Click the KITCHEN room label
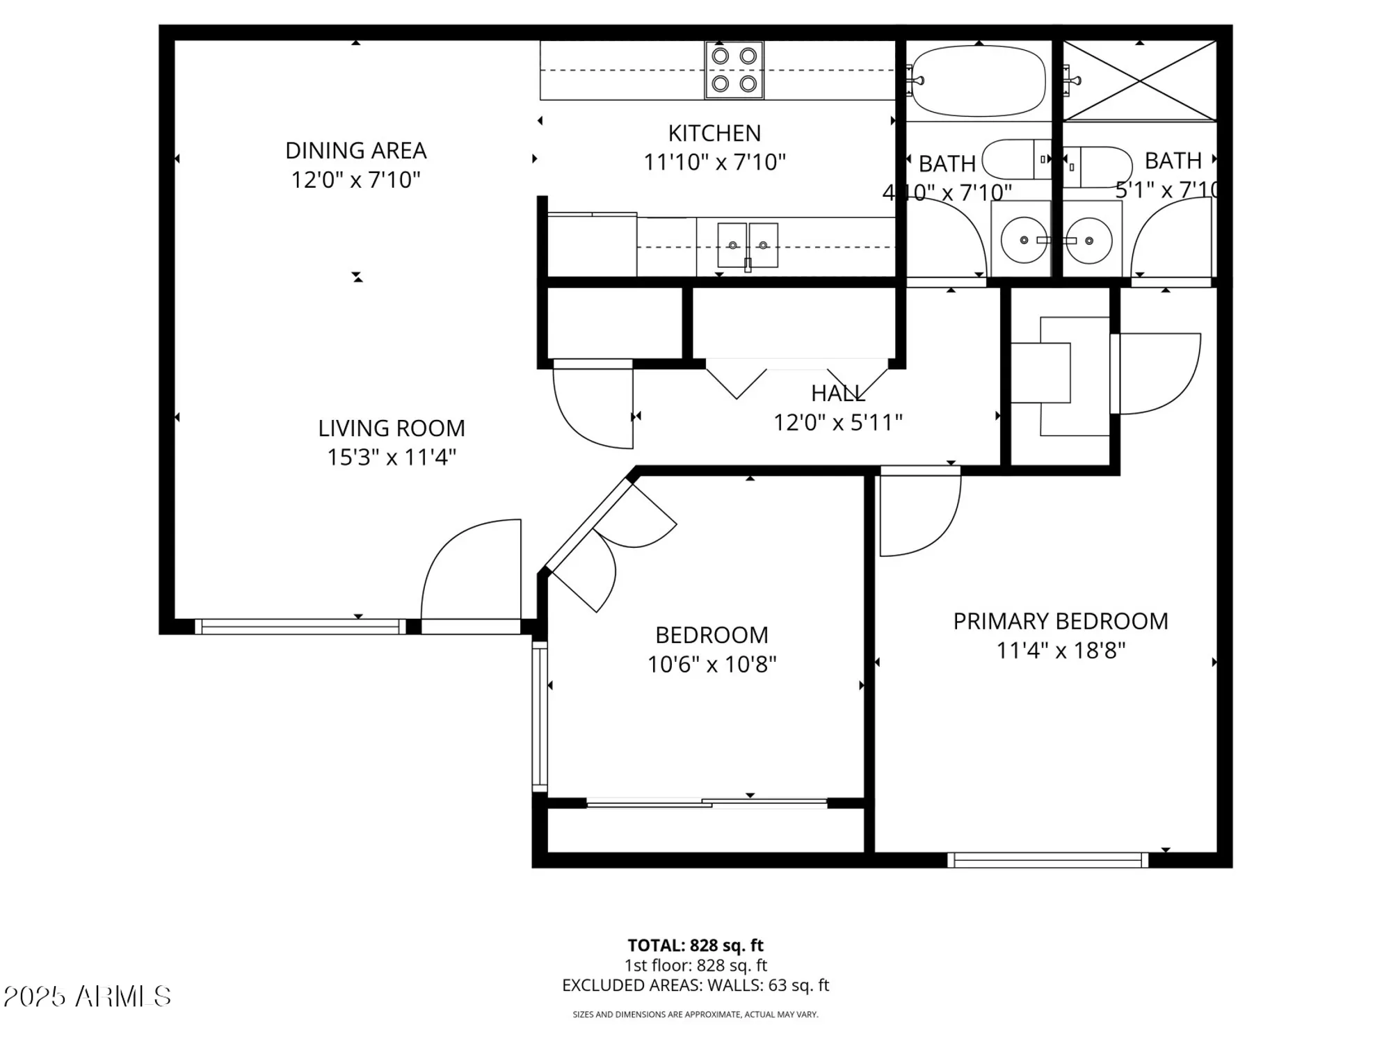pos(714,133)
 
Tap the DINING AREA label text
pos(355,150)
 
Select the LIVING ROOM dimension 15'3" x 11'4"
pos(392,458)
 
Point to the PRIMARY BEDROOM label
pos(1060,621)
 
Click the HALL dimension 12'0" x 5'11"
pos(838,422)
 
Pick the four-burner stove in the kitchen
pos(734,70)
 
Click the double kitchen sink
pos(748,245)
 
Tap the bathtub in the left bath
pos(979,81)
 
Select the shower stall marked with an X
pos(1141,81)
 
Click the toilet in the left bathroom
pos(1015,159)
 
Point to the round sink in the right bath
pos(1089,241)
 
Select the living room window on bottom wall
pos(300,626)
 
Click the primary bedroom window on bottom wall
pos(1047,860)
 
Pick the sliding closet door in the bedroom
pos(707,803)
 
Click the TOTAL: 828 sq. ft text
pos(695,946)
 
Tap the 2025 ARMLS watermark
pos(87,996)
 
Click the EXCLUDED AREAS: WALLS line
pos(695,985)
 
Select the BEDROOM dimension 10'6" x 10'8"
pos(711,665)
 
